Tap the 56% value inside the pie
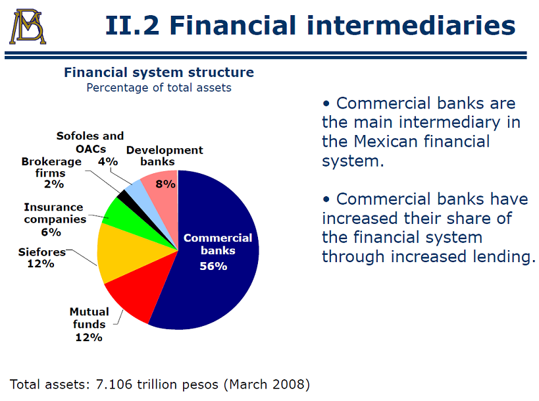click(213, 266)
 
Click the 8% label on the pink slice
click(166, 184)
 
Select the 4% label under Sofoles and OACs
click(108, 161)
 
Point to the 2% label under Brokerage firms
click(54, 184)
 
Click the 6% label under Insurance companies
click(51, 232)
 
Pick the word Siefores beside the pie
click(41, 252)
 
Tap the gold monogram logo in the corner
click(27, 26)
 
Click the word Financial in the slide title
click(233, 25)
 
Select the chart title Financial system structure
click(159, 72)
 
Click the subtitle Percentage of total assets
click(159, 88)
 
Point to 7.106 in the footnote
click(114, 384)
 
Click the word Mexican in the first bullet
click(386, 142)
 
